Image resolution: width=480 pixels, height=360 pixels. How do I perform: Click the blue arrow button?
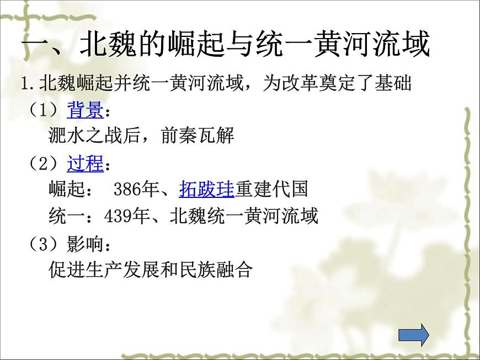[413, 335]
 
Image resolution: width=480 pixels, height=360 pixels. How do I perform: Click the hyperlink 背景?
[85, 111]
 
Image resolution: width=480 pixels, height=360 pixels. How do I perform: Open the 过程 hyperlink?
[85, 164]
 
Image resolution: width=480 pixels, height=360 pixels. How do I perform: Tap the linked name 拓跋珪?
[207, 190]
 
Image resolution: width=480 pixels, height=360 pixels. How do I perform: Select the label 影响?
[85, 243]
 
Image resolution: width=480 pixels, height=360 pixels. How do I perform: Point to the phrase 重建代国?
[271, 190]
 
